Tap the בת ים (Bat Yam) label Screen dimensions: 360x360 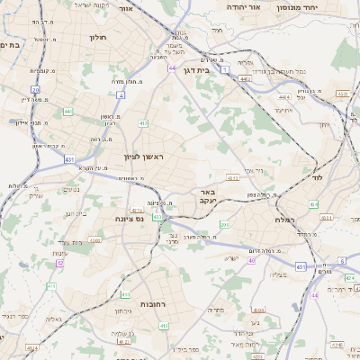[9, 44]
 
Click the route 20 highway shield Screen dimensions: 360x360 [35, 90]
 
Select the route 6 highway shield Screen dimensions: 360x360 [342, 261]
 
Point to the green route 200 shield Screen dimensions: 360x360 [225, 224]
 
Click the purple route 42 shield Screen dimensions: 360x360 [314, 295]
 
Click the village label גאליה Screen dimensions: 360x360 [53, 319]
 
